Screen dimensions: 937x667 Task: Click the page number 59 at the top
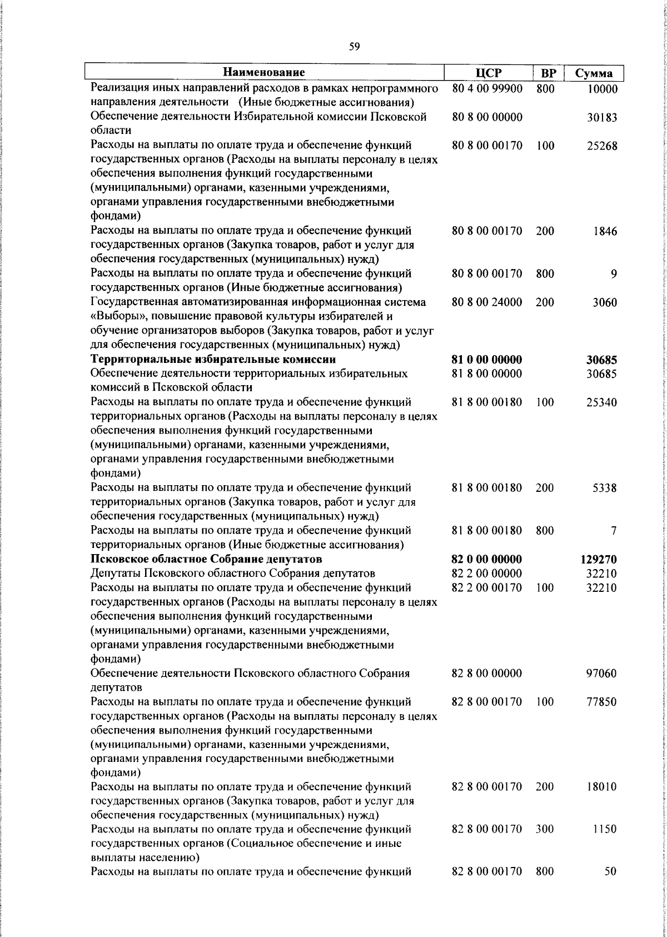pyautogui.click(x=355, y=47)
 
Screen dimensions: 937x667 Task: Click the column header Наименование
pyautogui.click(x=265, y=73)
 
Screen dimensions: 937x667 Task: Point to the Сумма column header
pyautogui.click(x=594, y=73)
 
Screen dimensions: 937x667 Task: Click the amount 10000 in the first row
pyautogui.click(x=602, y=89)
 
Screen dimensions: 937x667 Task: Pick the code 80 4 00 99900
pyautogui.click(x=487, y=88)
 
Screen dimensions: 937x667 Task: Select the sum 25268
pyautogui.click(x=602, y=146)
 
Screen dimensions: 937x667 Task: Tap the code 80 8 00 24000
pyautogui.click(x=487, y=302)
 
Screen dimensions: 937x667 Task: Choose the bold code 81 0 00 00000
pyautogui.click(x=487, y=360)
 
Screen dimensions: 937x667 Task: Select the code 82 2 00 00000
pyautogui.click(x=487, y=573)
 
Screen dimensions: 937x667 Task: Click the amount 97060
pyautogui.click(x=602, y=674)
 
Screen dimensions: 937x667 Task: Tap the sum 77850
pyautogui.click(x=602, y=702)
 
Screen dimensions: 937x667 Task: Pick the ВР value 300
pyautogui.click(x=545, y=829)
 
